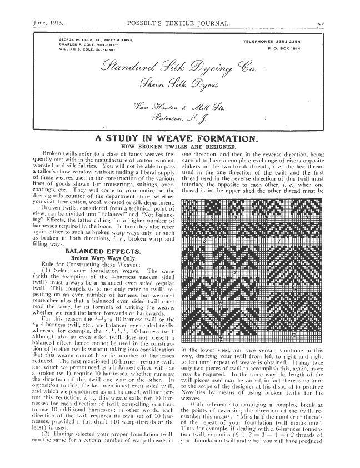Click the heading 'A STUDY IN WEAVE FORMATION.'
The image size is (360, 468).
[179, 138]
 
